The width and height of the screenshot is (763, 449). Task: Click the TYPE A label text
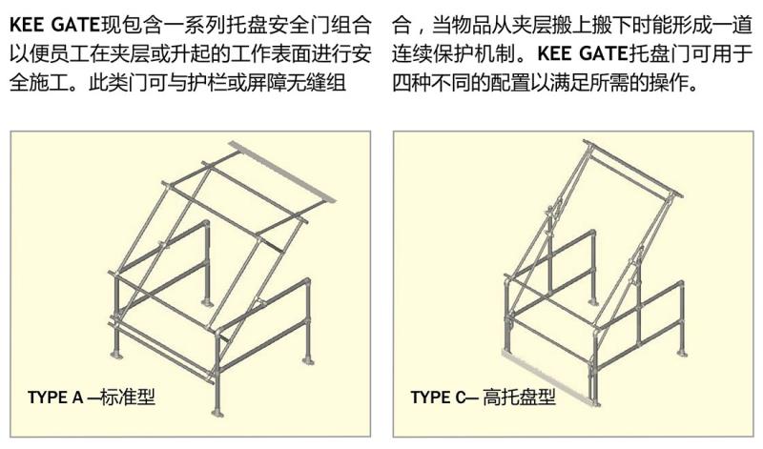pyautogui.click(x=55, y=397)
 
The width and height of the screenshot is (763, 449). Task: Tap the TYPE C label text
pyautogui.click(x=438, y=397)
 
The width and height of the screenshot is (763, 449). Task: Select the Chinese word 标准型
pyautogui.click(x=128, y=397)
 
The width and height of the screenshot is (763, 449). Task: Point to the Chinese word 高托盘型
pyautogui.click(x=519, y=397)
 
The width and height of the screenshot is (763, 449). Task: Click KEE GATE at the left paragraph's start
pyautogui.click(x=54, y=25)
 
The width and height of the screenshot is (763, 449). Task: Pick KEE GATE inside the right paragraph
pyautogui.click(x=583, y=53)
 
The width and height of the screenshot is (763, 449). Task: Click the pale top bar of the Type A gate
pyautogui.click(x=282, y=173)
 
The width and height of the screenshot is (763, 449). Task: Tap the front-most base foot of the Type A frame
pyautogui.click(x=217, y=413)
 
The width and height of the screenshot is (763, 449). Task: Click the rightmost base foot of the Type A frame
pyautogui.click(x=307, y=360)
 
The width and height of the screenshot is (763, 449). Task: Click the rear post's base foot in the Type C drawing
pyautogui.click(x=592, y=301)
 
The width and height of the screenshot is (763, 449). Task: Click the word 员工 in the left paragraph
pyautogui.click(x=69, y=53)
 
